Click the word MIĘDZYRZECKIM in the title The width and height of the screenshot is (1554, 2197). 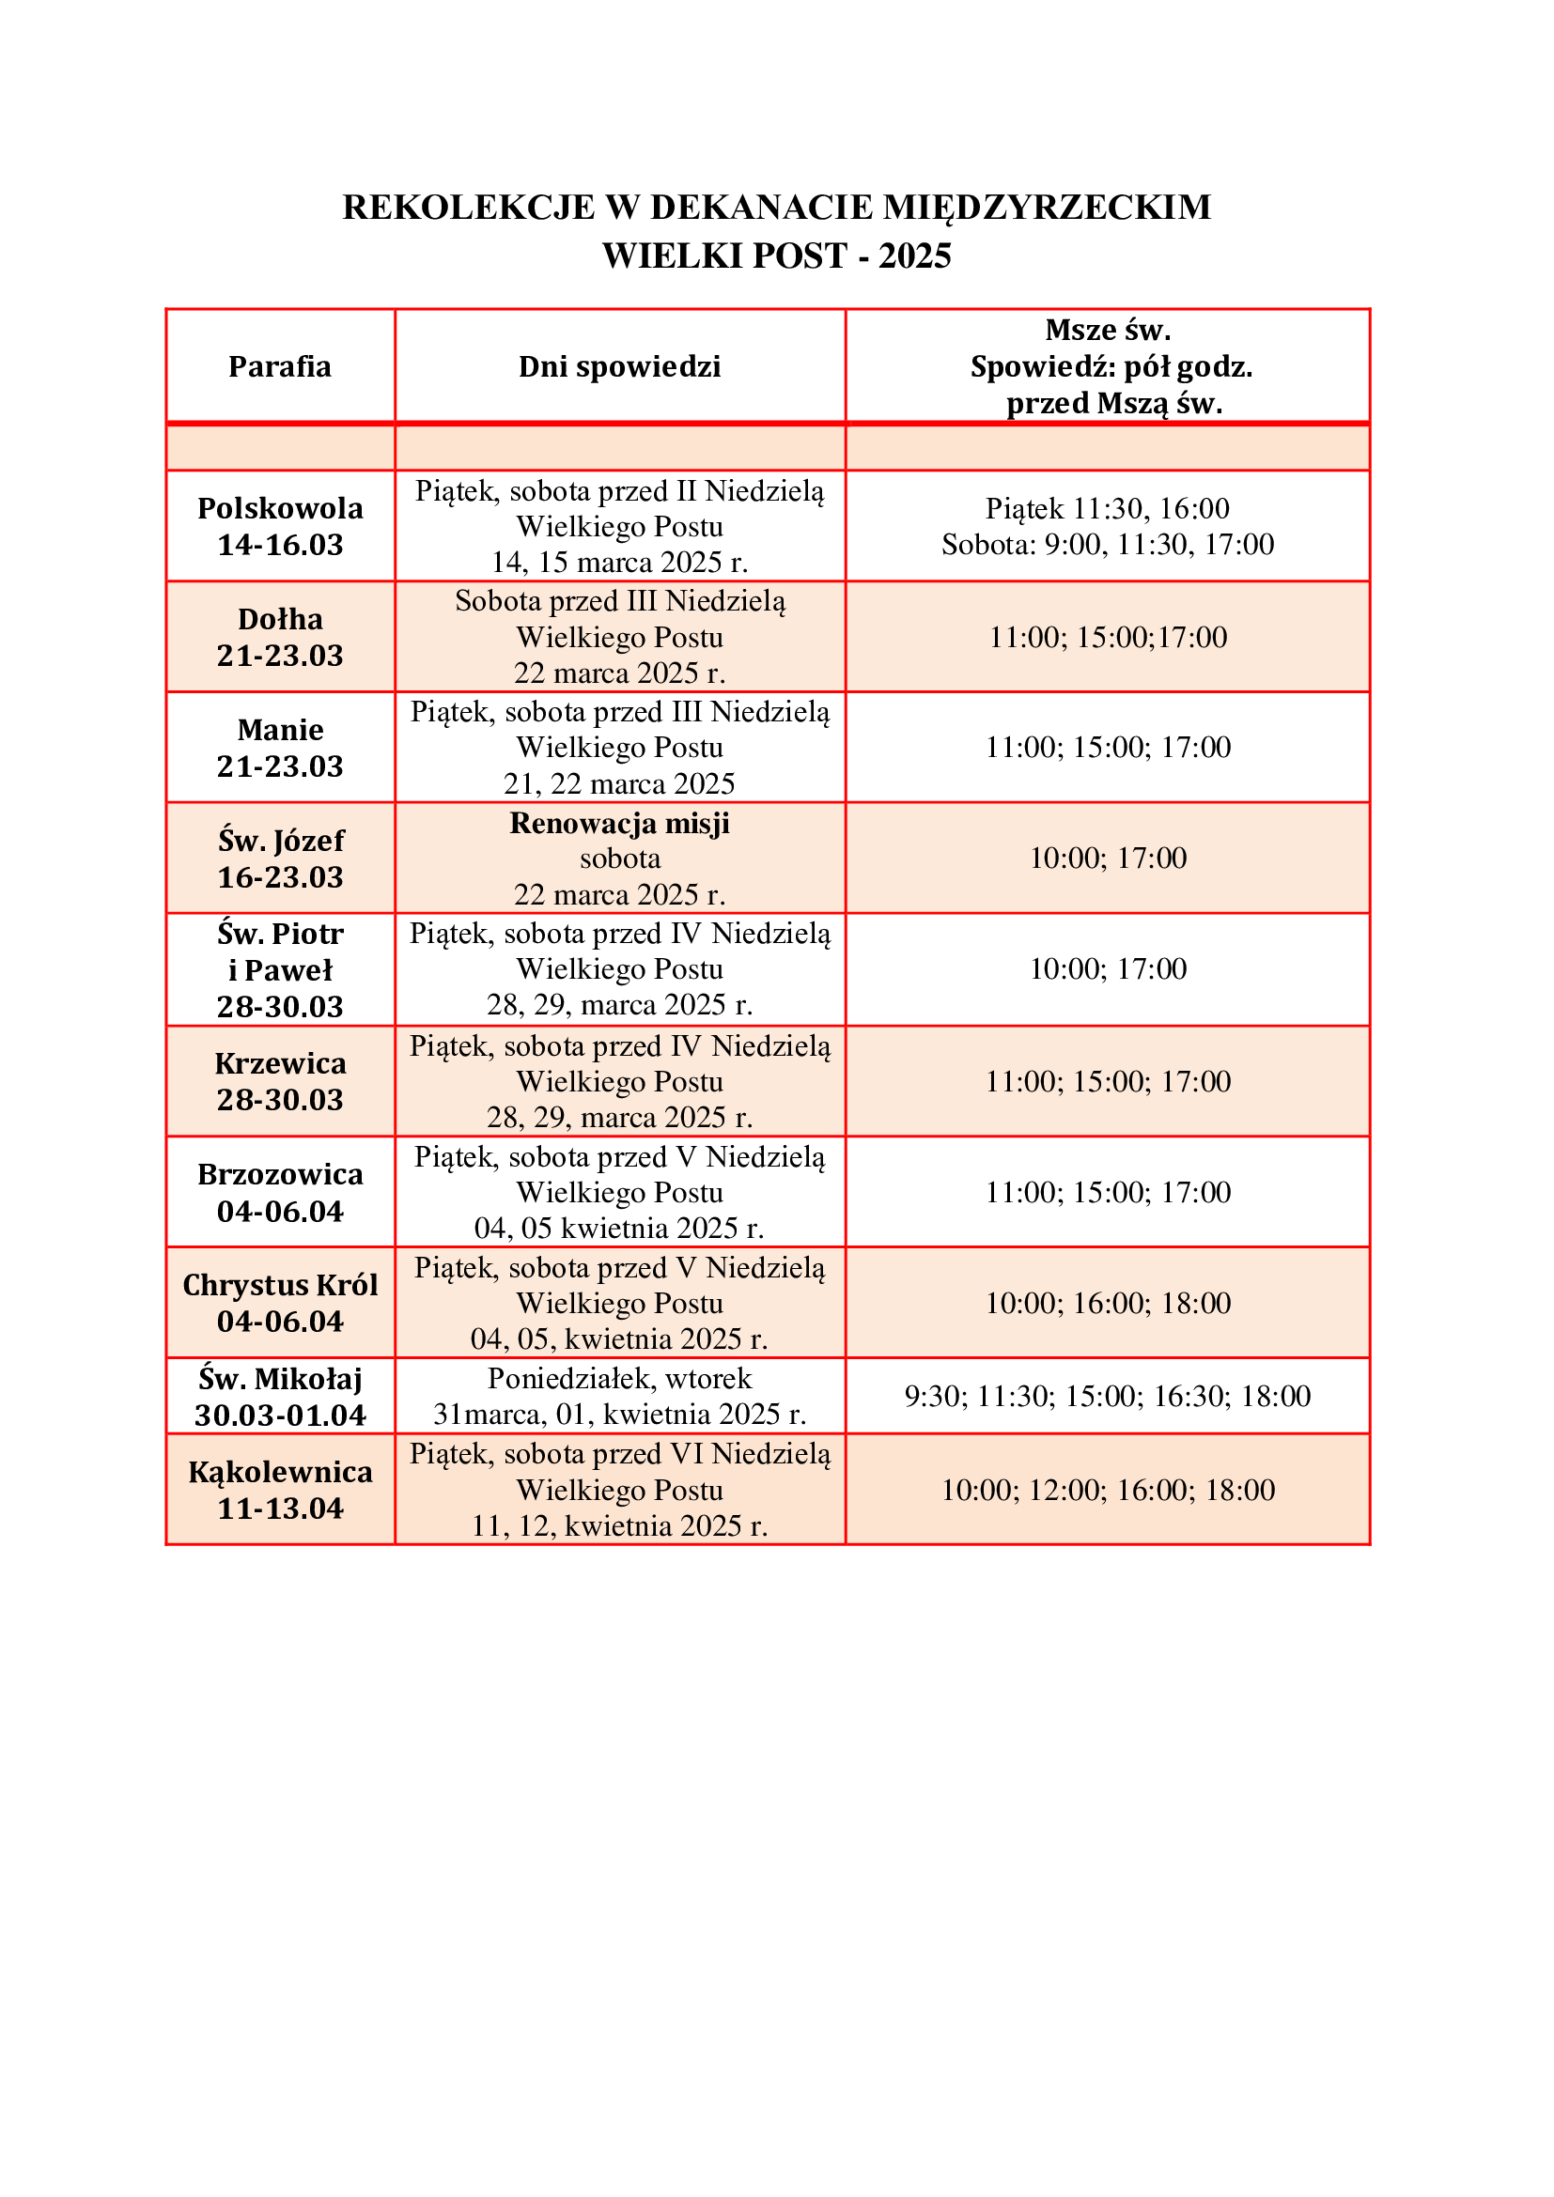tap(1046, 208)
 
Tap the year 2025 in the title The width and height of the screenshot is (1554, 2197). tap(915, 256)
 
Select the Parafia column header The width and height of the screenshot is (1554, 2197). tap(279, 366)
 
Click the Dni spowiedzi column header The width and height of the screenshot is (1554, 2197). tap(619, 366)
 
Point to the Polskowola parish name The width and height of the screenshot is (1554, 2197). tap(279, 508)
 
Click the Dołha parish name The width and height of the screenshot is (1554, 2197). tap(279, 619)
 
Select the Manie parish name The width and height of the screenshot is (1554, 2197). tap(279, 730)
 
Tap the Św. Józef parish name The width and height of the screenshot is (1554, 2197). tap(279, 841)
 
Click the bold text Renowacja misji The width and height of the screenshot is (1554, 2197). tap(619, 823)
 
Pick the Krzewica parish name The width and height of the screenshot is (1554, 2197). tap(279, 1064)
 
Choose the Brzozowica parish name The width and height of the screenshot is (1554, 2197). tap(279, 1175)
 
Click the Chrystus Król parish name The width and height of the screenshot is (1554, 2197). tap(279, 1285)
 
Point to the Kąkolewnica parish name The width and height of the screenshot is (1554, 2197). tap(279, 1472)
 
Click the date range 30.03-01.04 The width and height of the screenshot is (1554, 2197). tap(279, 1416)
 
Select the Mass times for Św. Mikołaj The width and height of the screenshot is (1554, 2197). tap(1107, 1396)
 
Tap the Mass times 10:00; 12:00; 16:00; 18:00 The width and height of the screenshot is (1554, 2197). tap(1107, 1490)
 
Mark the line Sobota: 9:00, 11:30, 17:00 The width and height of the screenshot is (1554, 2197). tap(1107, 545)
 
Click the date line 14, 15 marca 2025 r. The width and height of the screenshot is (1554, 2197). tap(619, 563)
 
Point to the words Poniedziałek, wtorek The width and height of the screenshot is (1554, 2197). tap(619, 1379)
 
